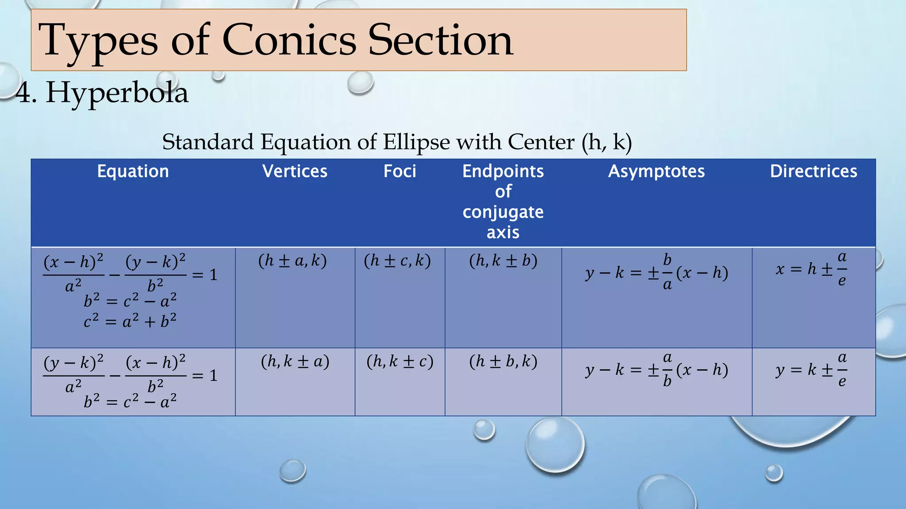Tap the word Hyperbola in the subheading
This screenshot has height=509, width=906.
(117, 93)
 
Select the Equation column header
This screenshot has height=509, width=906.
(133, 171)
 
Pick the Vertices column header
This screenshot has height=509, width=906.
(295, 171)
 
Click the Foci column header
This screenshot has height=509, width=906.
(399, 171)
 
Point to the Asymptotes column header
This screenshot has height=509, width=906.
(656, 171)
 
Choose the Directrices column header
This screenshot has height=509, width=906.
(813, 171)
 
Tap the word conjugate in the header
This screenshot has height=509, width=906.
(503, 212)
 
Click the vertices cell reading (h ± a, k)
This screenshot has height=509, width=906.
(292, 261)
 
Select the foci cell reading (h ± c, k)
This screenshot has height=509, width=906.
(397, 261)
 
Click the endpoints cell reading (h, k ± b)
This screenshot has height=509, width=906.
(503, 261)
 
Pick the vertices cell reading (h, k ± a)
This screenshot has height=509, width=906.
(295, 361)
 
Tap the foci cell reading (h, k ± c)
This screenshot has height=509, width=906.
(400, 361)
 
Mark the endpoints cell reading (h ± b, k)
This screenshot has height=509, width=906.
(503, 361)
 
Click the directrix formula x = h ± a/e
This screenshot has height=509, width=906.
(811, 269)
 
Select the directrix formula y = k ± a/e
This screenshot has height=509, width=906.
(811, 369)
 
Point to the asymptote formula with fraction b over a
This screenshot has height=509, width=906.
(656, 273)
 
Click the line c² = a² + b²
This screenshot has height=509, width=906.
(130, 321)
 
